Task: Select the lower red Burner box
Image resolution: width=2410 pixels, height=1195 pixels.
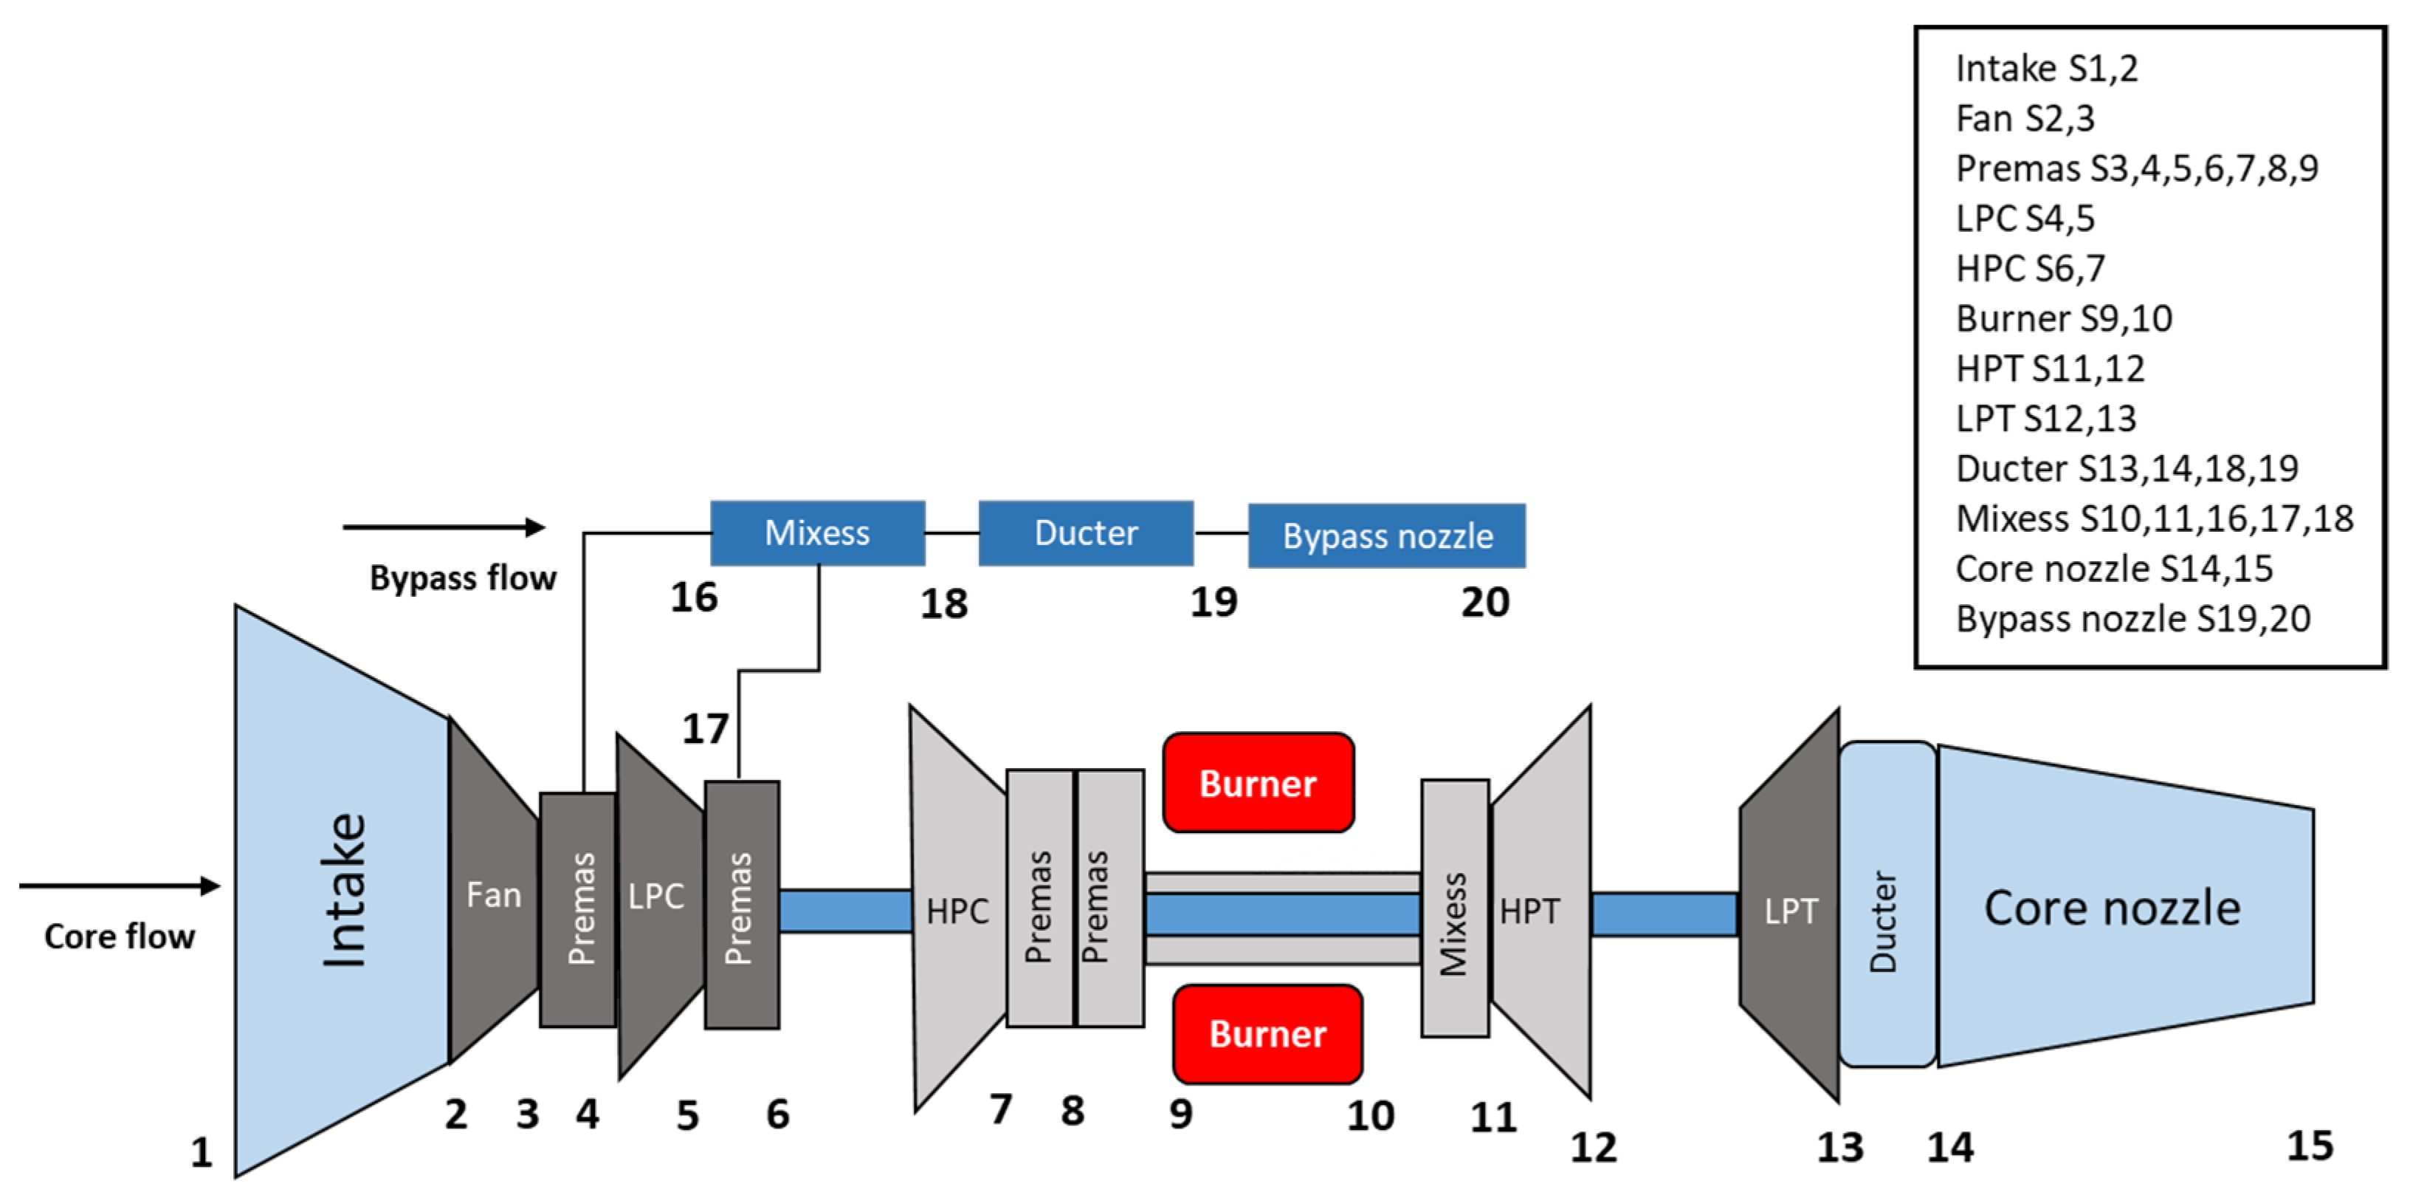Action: click(1267, 1033)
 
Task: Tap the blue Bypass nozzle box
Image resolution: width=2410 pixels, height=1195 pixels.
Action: click(1386, 535)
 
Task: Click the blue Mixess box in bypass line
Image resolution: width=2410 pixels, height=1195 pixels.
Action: click(817, 533)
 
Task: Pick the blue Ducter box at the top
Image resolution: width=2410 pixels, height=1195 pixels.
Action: click(1085, 533)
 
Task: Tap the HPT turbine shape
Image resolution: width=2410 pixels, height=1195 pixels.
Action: click(1535, 910)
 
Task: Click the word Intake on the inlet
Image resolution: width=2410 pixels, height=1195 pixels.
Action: click(344, 889)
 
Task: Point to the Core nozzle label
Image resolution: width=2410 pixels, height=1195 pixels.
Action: click(2112, 908)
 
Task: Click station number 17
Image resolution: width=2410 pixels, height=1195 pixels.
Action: click(704, 729)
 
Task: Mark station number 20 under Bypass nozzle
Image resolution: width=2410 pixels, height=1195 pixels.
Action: click(1484, 603)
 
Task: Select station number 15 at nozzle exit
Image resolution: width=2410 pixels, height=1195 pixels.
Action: click(2309, 1146)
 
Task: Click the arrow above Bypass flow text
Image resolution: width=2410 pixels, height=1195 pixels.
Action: click(444, 527)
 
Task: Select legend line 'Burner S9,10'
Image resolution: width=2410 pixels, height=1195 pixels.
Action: click(2063, 319)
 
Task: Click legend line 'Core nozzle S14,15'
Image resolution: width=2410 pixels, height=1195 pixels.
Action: click(2113, 569)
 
